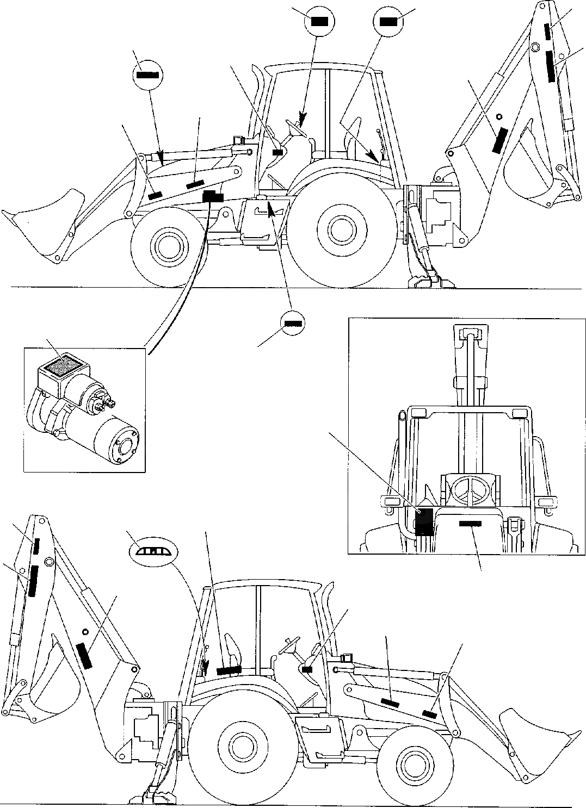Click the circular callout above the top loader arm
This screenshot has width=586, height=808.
(x=147, y=75)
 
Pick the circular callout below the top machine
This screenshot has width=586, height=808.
(x=292, y=324)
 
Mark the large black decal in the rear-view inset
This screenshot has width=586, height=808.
(x=424, y=522)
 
